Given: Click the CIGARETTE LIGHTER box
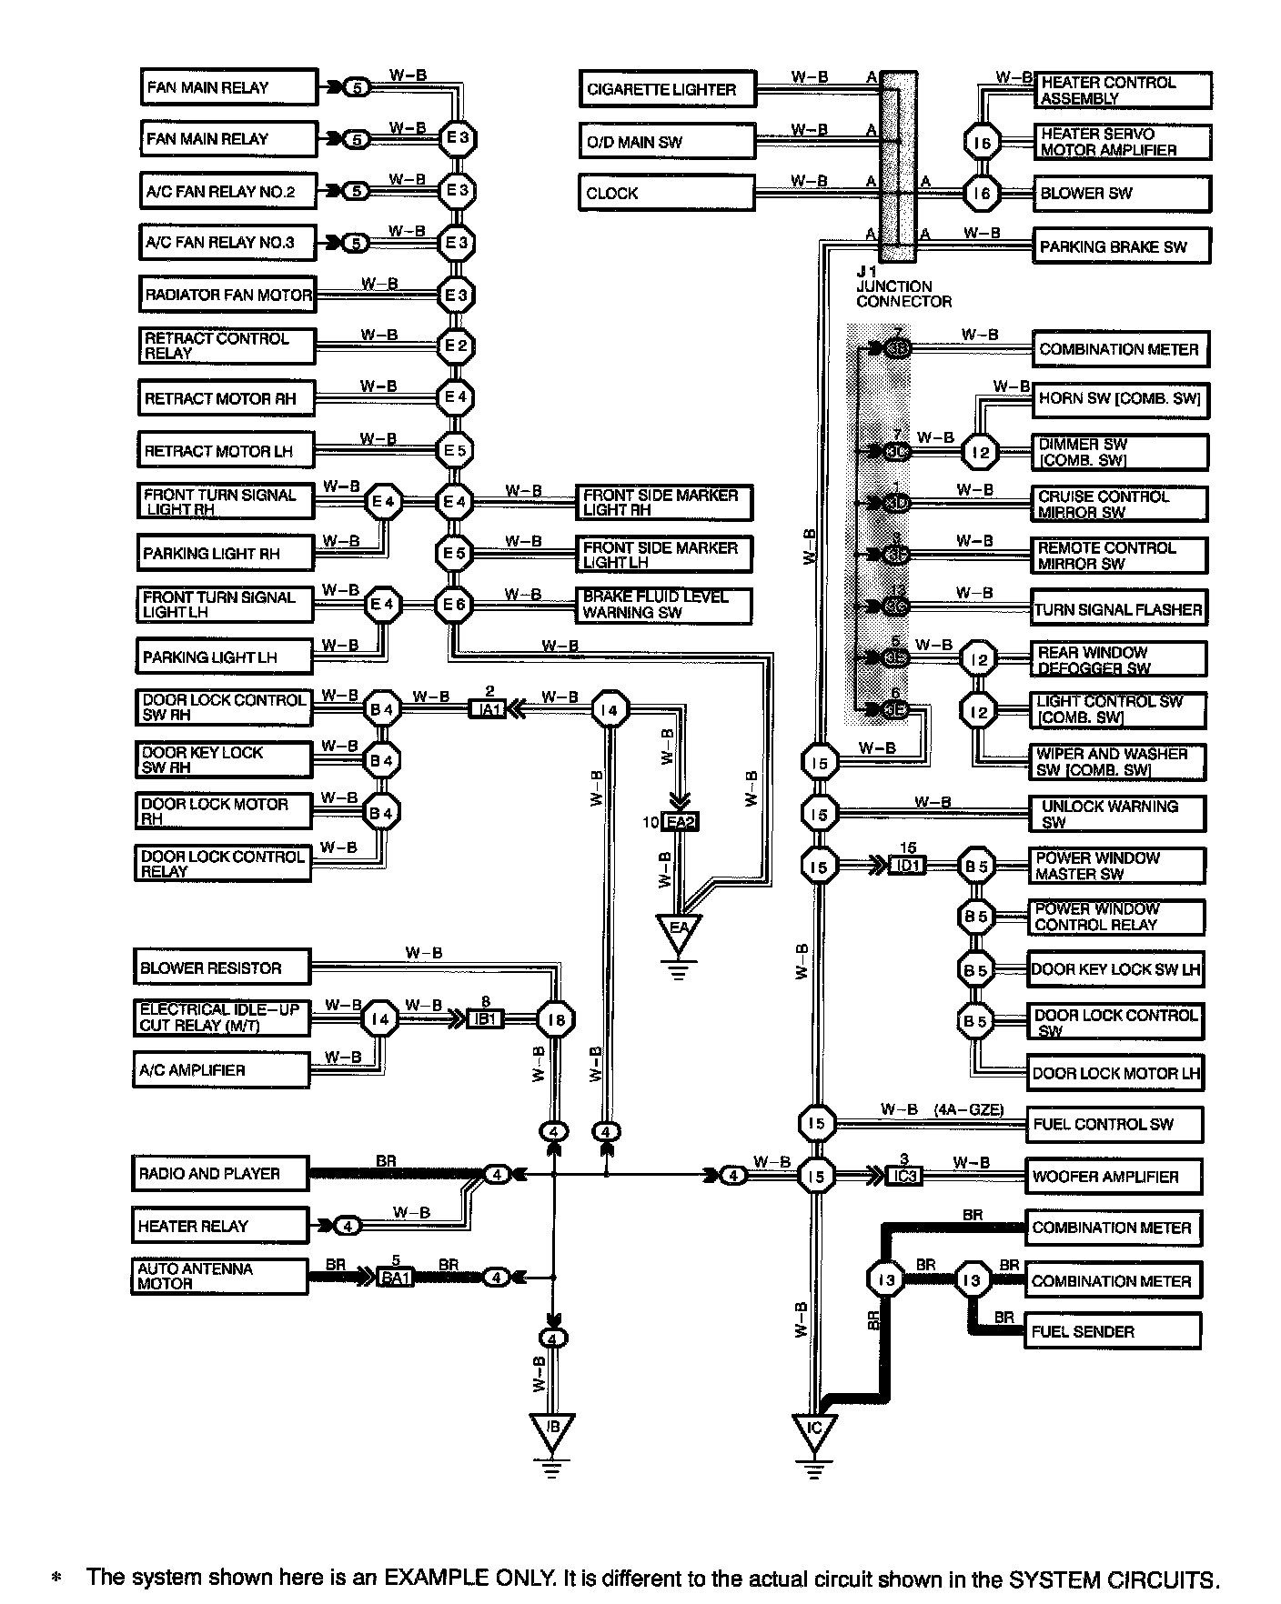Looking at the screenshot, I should click(x=667, y=89).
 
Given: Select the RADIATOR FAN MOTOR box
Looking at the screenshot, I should click(x=227, y=295).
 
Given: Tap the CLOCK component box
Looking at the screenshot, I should click(x=667, y=193).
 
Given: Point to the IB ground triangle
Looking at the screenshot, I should click(x=551, y=1430).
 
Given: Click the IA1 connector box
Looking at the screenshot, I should click(x=488, y=708).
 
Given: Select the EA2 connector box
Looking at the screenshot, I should click(x=680, y=823).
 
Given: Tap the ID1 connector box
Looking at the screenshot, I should click(x=909, y=866).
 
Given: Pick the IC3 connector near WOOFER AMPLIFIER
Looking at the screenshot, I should click(x=904, y=1176).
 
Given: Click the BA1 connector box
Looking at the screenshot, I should click(x=396, y=1278).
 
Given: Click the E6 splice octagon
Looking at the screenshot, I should click(x=454, y=605).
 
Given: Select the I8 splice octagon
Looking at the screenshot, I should click(x=555, y=1020).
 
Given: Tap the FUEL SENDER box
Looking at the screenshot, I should click(x=1113, y=1332).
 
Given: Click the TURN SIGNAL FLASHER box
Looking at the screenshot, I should click(x=1118, y=609).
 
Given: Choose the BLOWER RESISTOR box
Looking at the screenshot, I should click(x=221, y=967).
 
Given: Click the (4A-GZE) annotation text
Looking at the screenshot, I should click(x=968, y=1109).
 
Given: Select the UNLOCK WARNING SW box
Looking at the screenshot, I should click(x=1117, y=814).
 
